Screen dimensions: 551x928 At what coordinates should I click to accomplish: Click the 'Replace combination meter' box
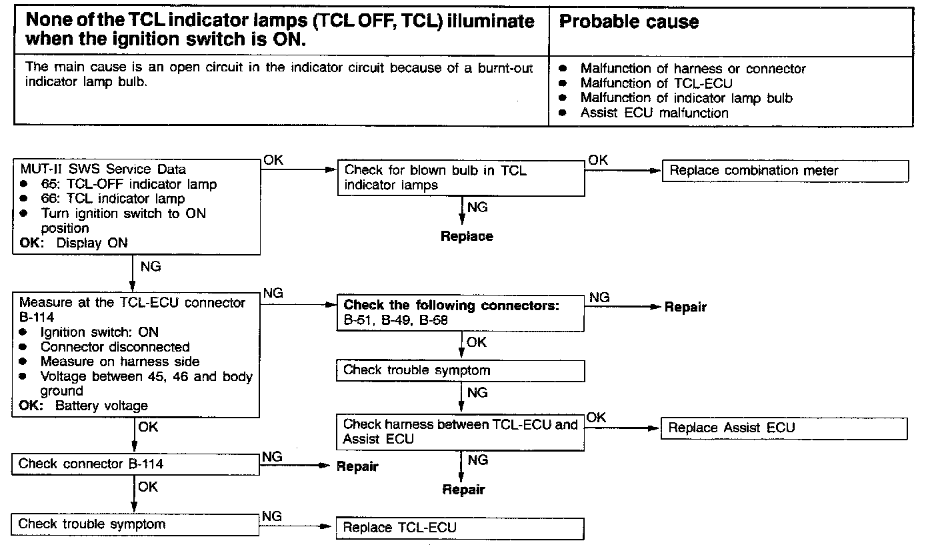click(785, 171)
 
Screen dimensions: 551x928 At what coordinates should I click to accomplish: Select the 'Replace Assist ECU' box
click(783, 428)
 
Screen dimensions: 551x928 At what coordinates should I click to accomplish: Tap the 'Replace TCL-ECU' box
click(460, 528)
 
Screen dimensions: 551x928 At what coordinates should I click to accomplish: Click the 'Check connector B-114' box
click(135, 464)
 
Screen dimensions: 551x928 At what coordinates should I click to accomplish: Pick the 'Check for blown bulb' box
click(460, 178)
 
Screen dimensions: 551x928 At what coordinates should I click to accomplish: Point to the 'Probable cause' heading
click(629, 22)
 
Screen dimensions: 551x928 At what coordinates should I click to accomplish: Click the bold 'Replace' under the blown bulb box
click(467, 236)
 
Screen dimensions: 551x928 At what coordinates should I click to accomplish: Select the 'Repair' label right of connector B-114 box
click(357, 466)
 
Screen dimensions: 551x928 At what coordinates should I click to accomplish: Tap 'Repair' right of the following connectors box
click(685, 308)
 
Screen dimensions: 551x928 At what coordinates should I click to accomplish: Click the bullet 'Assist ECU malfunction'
click(654, 113)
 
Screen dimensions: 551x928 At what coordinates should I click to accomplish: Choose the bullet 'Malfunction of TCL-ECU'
click(656, 83)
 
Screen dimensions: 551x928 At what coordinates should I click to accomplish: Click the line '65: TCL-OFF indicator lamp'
click(129, 184)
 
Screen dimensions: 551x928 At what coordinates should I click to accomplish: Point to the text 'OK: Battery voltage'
click(84, 406)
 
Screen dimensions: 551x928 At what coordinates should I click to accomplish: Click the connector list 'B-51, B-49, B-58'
click(395, 320)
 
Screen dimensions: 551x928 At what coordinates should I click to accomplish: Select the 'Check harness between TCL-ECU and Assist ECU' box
click(460, 432)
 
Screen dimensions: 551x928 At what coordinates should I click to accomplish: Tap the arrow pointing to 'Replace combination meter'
click(623, 170)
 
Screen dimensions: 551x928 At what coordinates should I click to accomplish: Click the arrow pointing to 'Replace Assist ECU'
click(623, 428)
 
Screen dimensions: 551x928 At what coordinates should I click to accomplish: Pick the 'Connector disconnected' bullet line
click(115, 347)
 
